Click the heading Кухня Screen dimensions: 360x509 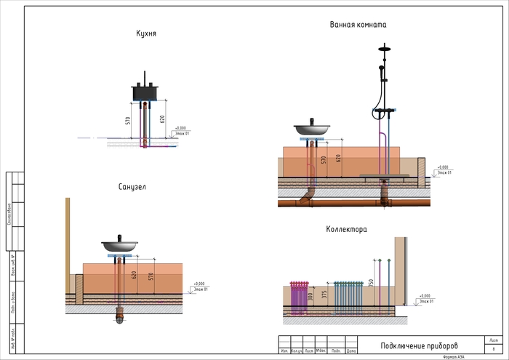146,33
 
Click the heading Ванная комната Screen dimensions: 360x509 358,24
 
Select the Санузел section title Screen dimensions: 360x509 132,187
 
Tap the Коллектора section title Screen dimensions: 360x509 346,229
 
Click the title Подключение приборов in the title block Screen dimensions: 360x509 420,345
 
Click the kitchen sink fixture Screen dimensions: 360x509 146,92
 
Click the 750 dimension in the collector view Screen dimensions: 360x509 371,283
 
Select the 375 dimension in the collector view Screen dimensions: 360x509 324,294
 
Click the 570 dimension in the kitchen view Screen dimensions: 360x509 127,119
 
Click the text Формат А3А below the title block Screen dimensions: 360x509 455,356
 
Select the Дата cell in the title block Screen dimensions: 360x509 351,351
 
